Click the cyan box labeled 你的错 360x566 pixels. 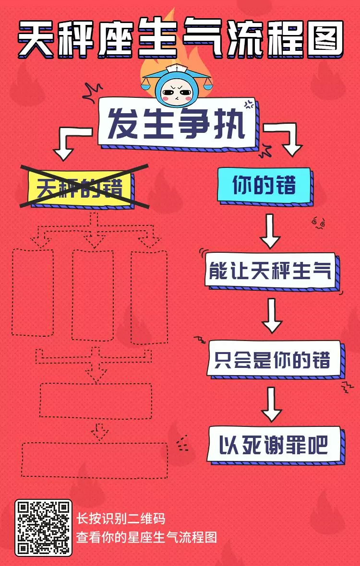pyautogui.click(x=264, y=185)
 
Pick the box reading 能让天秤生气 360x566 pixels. pyautogui.click(x=270, y=271)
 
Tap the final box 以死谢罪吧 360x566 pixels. pyautogui.click(x=274, y=445)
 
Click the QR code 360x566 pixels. pyautogui.click(x=43, y=528)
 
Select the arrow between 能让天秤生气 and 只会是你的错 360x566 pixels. pyautogui.click(x=272, y=316)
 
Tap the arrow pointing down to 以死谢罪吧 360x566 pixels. pyautogui.click(x=272, y=404)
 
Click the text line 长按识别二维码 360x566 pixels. pyautogui.click(x=121, y=519)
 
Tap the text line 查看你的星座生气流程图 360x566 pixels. pyautogui.click(x=147, y=537)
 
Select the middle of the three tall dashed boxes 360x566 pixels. pyautogui.click(x=93, y=295)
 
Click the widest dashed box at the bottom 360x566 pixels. pyautogui.click(x=94, y=460)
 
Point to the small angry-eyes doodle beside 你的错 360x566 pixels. pyautogui.click(x=318, y=222)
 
